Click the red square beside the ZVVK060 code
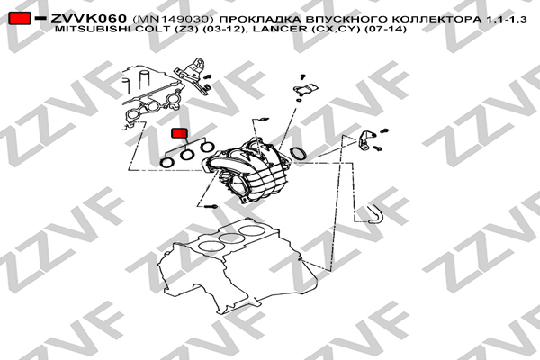click(20, 18)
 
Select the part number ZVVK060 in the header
click(89, 19)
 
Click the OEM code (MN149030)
click(170, 19)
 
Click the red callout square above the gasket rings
click(179, 133)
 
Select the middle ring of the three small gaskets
click(187, 155)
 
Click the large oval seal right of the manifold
click(299, 154)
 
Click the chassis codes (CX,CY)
click(336, 29)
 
